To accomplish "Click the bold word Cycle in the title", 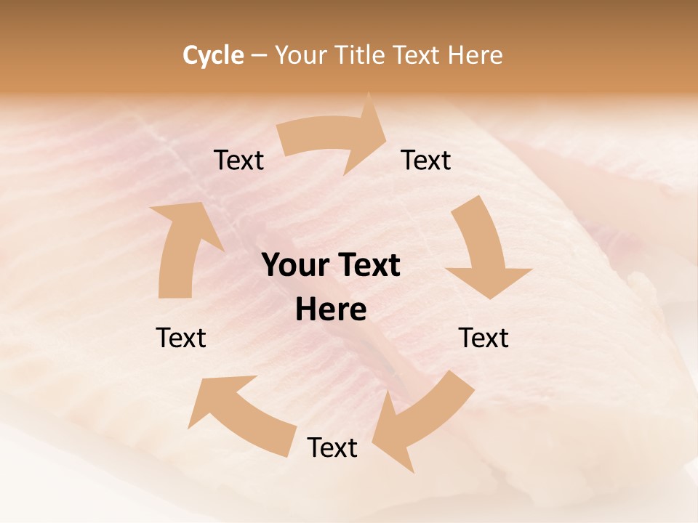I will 213,55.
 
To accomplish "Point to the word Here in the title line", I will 475,55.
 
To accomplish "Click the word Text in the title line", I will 419,55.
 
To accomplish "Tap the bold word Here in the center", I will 331,309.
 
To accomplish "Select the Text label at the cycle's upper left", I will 238,160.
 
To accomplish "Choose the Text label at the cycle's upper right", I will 426,160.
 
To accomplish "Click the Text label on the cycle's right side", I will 484,338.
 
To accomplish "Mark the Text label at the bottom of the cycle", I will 332,447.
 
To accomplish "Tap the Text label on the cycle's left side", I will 181,338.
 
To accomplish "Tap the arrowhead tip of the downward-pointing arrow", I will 490,299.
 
